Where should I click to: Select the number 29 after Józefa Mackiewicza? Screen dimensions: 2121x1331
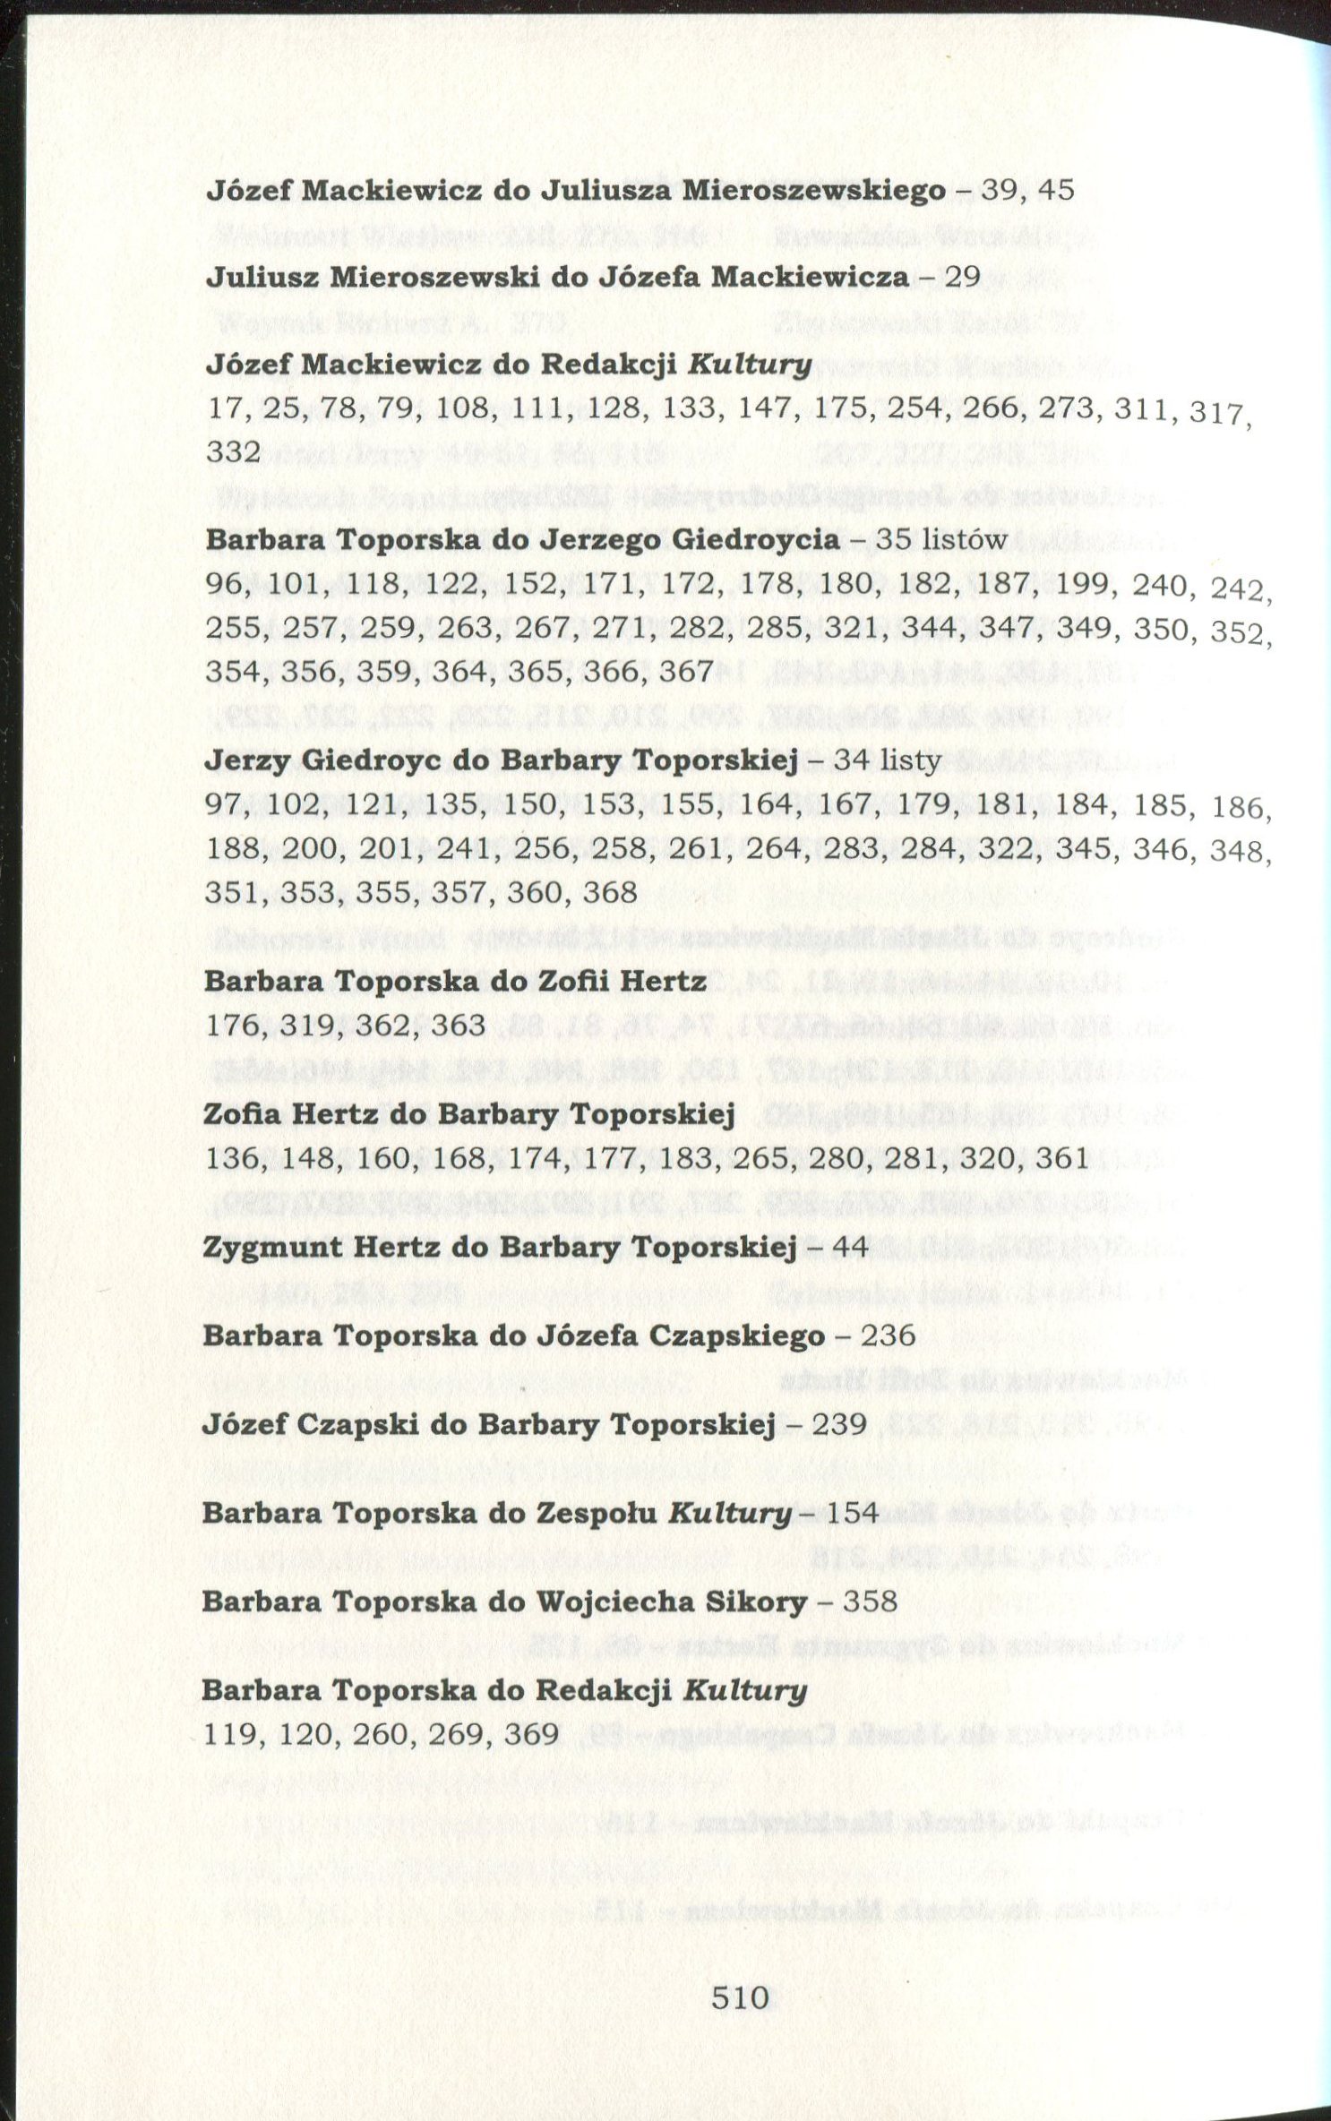click(963, 276)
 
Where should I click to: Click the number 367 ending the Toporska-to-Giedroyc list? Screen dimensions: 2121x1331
click(686, 671)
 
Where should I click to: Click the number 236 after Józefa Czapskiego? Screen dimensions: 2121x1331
click(888, 1335)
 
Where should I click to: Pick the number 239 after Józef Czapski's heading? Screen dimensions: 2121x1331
click(838, 1424)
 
